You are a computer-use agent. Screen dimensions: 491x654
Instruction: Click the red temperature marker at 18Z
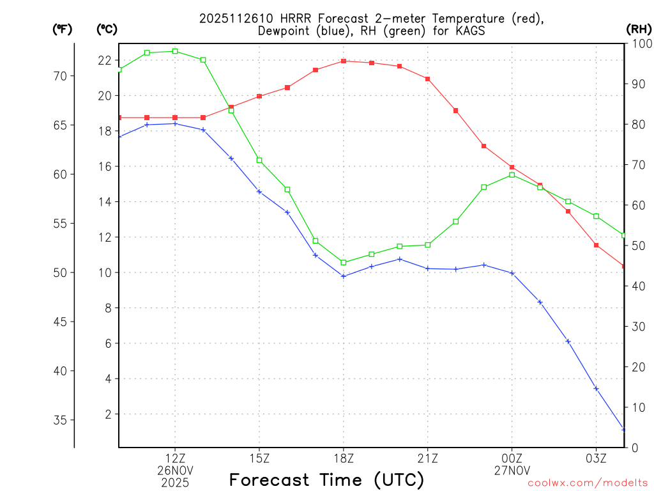344,61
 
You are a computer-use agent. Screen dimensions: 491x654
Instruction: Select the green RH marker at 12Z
175,51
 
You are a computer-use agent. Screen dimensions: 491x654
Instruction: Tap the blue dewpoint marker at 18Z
344,276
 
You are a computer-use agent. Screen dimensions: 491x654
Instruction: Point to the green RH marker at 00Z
512,175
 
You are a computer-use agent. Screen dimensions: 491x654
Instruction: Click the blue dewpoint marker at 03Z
596,389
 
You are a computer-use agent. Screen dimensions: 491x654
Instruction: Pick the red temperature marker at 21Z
427,79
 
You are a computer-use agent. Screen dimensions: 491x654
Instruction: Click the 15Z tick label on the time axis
259,458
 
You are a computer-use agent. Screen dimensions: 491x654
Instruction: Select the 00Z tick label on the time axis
512,458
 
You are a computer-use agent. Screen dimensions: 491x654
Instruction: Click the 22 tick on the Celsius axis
105,61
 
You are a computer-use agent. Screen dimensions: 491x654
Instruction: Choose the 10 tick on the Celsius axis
105,273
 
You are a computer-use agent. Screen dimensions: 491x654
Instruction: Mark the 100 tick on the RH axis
638,43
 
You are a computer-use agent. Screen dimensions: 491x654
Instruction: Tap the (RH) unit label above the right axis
638,29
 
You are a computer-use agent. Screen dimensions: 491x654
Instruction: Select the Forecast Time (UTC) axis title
326,479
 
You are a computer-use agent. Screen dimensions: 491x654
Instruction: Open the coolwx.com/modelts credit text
588,483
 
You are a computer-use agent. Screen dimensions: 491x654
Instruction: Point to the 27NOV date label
512,471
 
